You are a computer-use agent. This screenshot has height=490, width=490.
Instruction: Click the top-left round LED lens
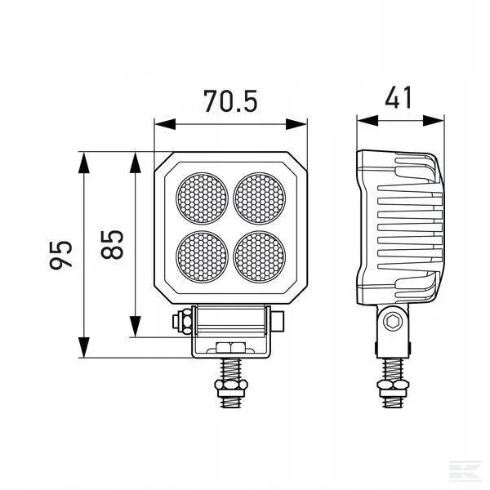(203, 198)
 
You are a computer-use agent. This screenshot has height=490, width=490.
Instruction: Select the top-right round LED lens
(261, 198)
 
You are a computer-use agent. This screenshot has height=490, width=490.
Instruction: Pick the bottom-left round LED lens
(203, 256)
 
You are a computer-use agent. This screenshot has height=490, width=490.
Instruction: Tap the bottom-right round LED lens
(261, 256)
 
